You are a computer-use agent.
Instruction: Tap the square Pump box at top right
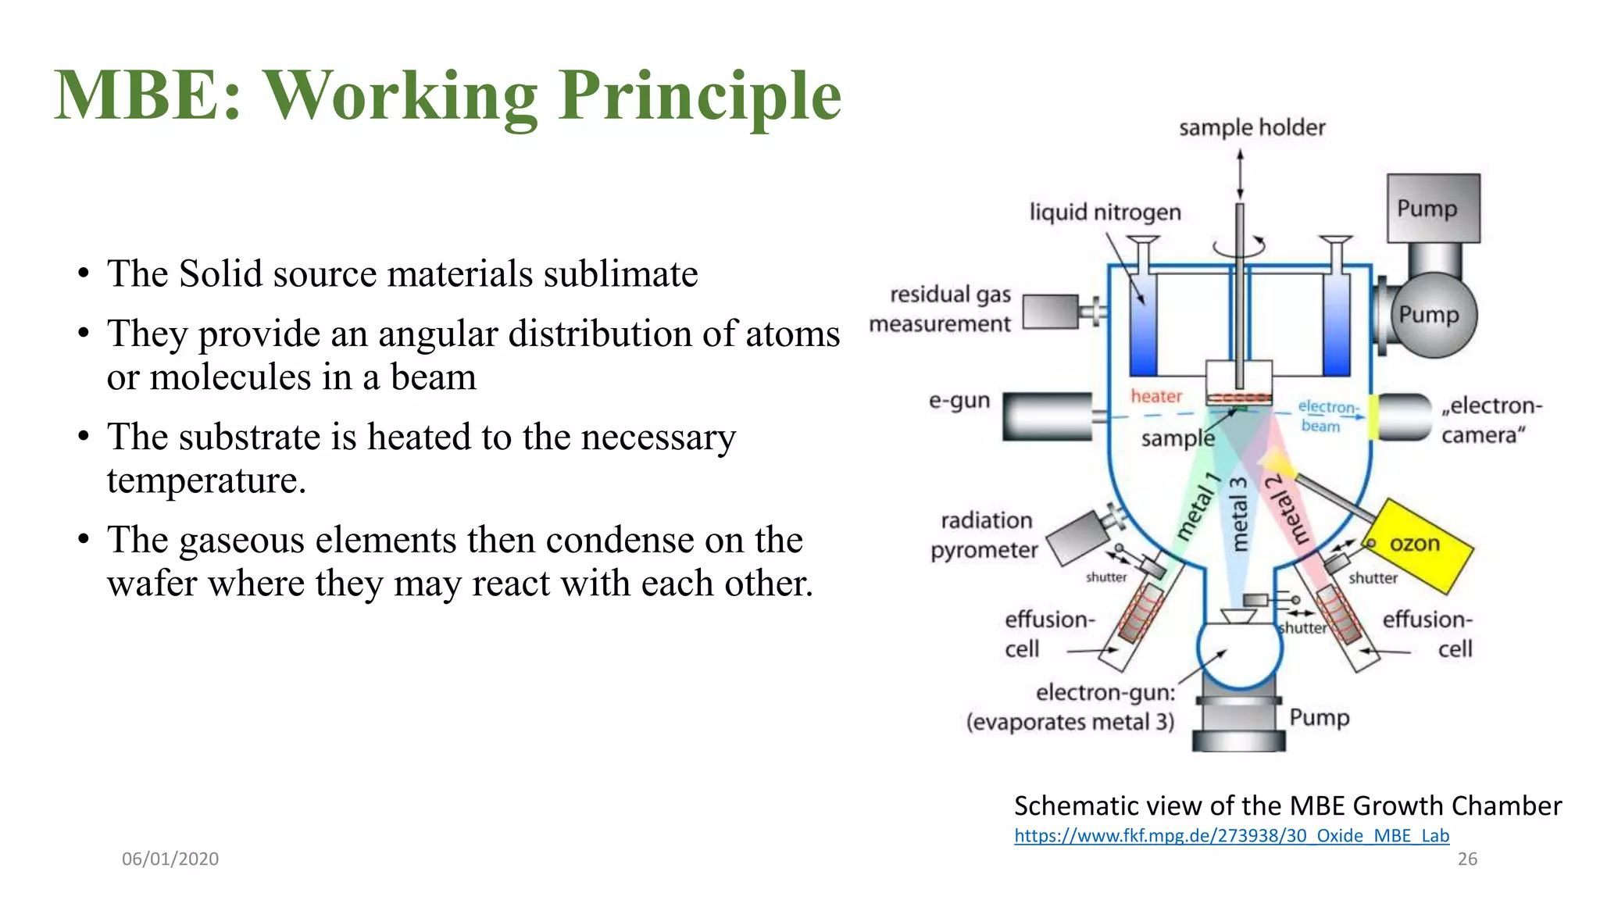(1433, 208)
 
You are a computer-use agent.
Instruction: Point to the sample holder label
(1252, 127)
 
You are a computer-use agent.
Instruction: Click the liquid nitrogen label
(1105, 212)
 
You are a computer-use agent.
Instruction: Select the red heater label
(1156, 396)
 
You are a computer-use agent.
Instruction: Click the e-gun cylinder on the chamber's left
(1047, 417)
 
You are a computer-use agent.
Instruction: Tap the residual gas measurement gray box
(1050, 312)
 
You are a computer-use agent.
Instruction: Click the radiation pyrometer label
(984, 535)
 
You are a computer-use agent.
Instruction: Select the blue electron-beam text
(1327, 416)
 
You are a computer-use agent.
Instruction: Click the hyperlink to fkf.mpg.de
(1231, 836)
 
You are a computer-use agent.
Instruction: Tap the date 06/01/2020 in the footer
(170, 859)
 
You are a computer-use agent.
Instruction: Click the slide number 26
(1467, 859)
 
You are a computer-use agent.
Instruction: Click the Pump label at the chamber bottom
(1319, 717)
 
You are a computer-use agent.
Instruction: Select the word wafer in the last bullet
(151, 584)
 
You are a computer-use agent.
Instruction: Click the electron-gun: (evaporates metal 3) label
(1070, 707)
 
